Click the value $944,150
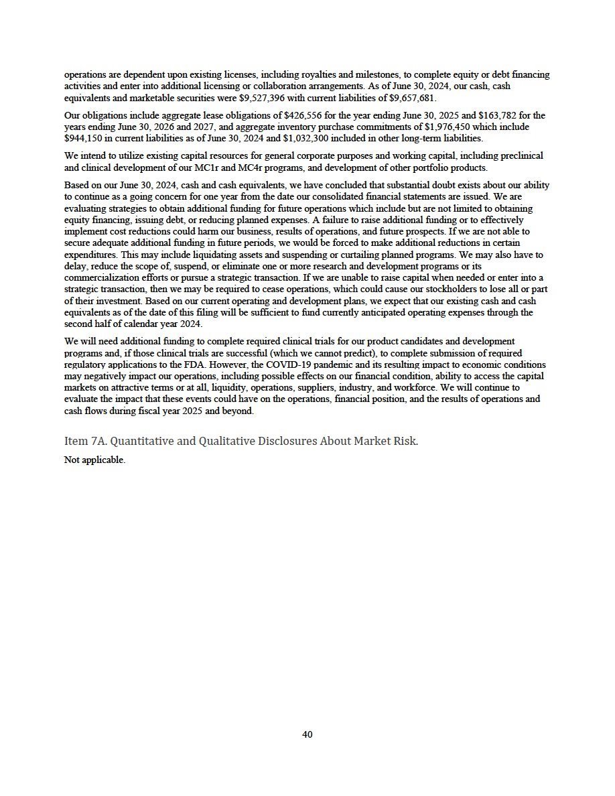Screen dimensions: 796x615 pyautogui.click(x=85, y=137)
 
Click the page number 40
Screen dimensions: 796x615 pyautogui.click(x=307, y=734)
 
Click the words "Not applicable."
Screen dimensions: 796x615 pyautogui.click(x=94, y=460)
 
